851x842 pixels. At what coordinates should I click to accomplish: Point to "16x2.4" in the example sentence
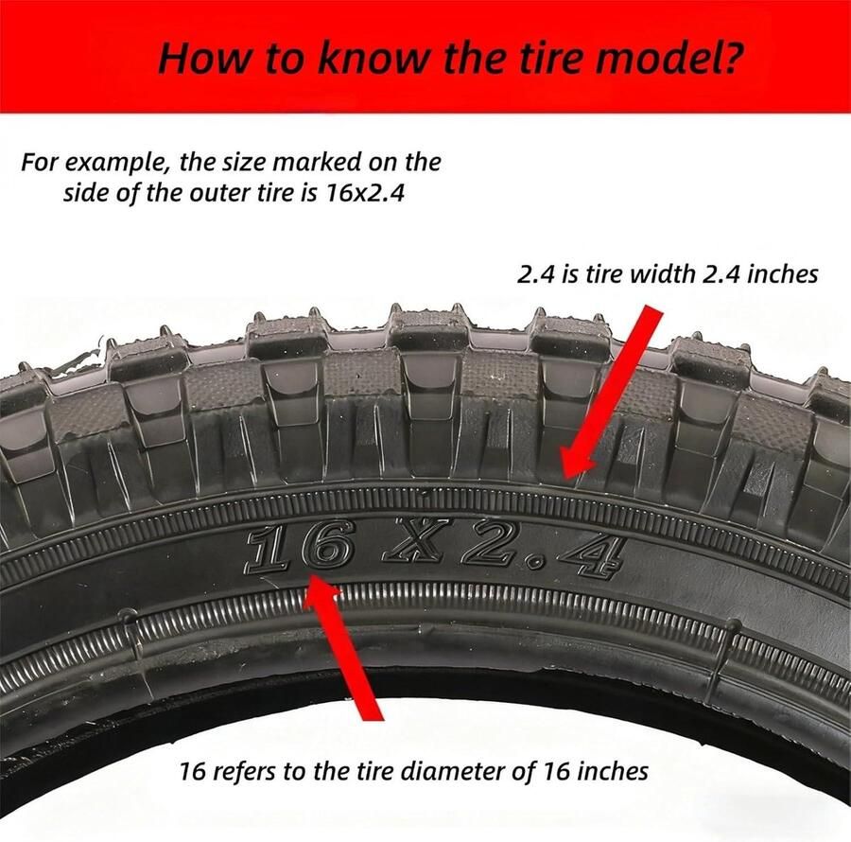(365, 193)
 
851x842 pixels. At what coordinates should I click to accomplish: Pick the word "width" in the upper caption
(663, 273)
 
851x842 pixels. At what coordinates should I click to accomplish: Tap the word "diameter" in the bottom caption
(458, 771)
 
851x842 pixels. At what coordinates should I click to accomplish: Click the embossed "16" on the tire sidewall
(298, 546)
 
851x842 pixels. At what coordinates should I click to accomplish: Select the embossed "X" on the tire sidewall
(414, 543)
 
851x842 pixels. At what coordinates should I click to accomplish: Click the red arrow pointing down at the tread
(611, 392)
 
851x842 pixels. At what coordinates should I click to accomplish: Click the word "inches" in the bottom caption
(612, 771)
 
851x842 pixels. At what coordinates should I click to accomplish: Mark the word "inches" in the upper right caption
(783, 273)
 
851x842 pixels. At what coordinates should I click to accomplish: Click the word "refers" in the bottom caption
(243, 771)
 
